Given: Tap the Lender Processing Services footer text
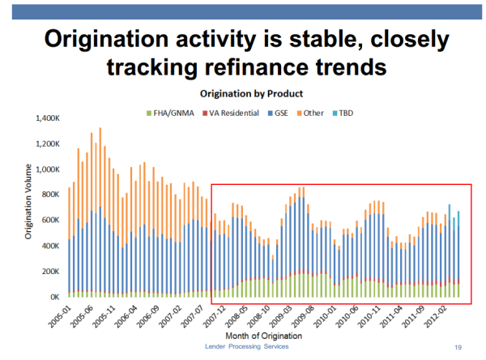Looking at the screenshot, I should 247,346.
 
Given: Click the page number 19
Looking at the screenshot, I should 458,347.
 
